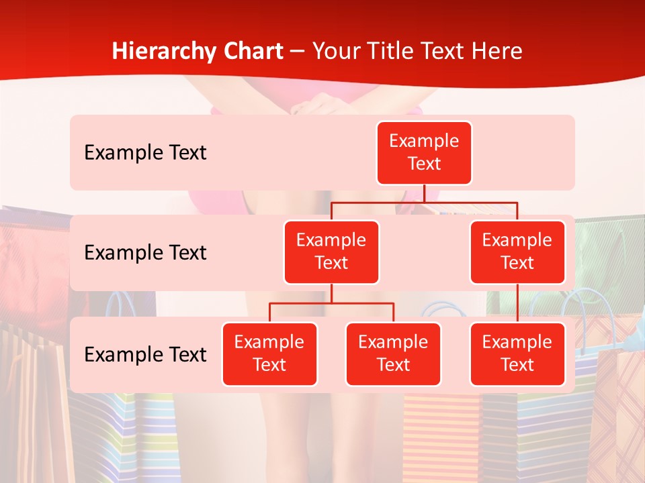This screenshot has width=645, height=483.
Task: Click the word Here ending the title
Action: click(x=497, y=52)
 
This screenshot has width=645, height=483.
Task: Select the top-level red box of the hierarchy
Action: click(x=424, y=153)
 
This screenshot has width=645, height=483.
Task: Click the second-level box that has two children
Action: click(x=331, y=252)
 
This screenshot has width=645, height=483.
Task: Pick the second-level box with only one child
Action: click(x=517, y=252)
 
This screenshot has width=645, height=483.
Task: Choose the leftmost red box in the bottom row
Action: click(x=269, y=354)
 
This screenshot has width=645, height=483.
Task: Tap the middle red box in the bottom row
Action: click(x=393, y=354)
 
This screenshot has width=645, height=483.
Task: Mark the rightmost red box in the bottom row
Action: click(x=517, y=354)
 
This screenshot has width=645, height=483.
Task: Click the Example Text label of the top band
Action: click(x=145, y=153)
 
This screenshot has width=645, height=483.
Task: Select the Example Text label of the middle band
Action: click(x=145, y=253)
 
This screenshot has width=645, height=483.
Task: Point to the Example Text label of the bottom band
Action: click(x=145, y=354)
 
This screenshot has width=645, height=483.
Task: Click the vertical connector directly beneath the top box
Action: click(x=424, y=193)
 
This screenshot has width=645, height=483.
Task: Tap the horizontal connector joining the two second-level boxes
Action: click(x=424, y=202)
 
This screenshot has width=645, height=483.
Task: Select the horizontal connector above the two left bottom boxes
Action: click(x=331, y=303)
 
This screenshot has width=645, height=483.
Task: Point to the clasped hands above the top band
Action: click(x=316, y=105)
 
